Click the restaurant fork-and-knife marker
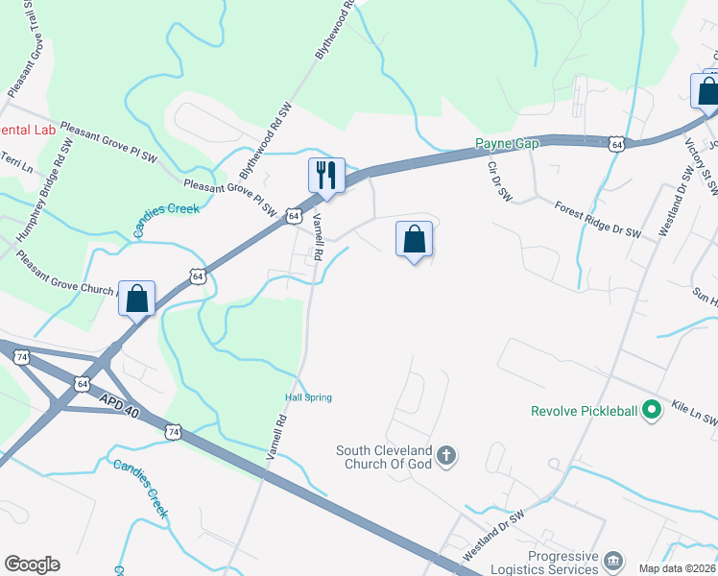tap(326, 176)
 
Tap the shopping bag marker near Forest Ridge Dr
tap(414, 239)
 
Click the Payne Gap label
tap(508, 144)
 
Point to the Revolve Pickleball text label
tap(584, 412)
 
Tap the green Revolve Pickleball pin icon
tap(652, 411)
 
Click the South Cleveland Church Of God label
tap(385, 457)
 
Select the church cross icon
tap(445, 456)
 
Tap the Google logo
tap(32, 564)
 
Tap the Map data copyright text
tap(678, 567)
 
